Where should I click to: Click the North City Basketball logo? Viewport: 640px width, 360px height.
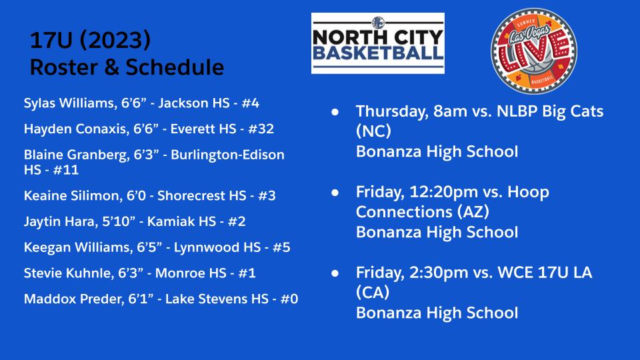[x=377, y=43]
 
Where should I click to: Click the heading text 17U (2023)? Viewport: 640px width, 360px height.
[x=90, y=41]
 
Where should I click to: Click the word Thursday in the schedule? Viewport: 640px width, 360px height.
[x=387, y=112]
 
